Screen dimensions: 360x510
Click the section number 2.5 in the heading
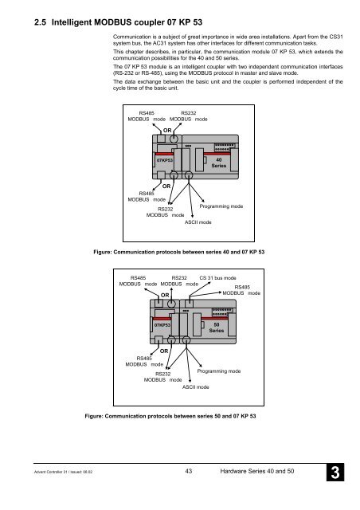point(40,22)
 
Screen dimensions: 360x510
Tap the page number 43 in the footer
point(189,471)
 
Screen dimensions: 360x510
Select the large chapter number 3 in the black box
point(335,473)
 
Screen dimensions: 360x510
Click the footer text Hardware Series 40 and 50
point(257,471)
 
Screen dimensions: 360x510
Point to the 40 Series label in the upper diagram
point(219,163)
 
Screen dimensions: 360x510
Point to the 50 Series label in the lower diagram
point(217,328)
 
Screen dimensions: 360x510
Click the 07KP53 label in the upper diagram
point(165,160)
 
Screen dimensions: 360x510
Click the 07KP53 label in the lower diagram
point(162,325)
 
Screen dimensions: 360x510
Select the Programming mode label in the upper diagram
point(221,206)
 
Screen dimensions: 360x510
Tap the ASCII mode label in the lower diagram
point(195,387)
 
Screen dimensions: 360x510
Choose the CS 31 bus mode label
point(217,278)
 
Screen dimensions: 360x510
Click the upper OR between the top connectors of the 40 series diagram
point(167,131)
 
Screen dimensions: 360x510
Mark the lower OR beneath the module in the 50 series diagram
point(164,351)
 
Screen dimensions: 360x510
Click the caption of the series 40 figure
point(179,252)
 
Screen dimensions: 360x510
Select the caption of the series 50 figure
point(170,416)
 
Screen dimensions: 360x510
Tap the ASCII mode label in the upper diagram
point(198,222)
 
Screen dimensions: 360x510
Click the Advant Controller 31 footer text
point(64,472)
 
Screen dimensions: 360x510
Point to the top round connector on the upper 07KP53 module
point(174,139)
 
